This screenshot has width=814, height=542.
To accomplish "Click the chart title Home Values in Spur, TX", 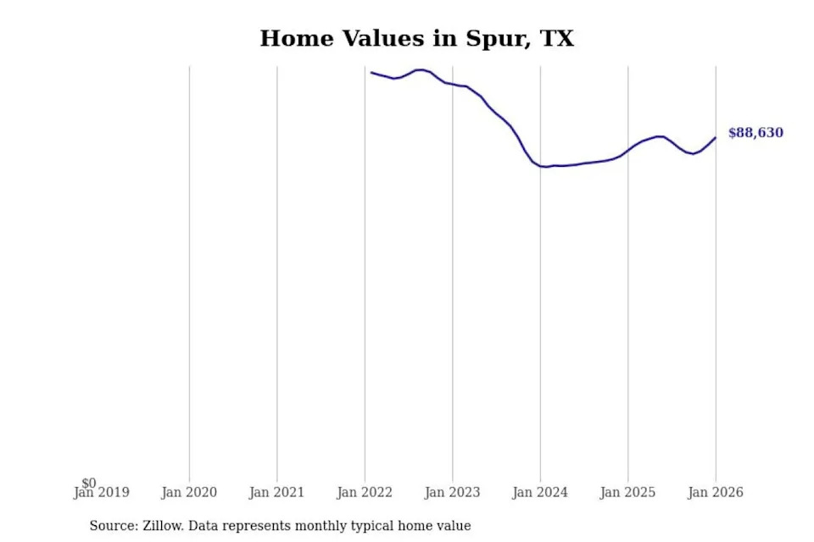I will (x=416, y=38).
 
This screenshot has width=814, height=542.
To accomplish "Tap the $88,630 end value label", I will (x=755, y=133).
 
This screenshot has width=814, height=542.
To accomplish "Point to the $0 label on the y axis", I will (x=89, y=483).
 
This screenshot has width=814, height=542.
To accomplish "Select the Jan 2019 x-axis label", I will (x=103, y=493).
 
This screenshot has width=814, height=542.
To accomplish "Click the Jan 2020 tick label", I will (x=189, y=493).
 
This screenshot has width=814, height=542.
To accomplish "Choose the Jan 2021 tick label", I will (x=277, y=493).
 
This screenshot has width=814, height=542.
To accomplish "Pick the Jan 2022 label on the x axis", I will (x=365, y=493).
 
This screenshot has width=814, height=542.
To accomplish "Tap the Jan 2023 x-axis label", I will (x=453, y=493).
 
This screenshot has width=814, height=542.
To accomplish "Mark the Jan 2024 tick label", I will (x=540, y=493).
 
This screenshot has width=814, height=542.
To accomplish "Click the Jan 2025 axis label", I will (x=627, y=493).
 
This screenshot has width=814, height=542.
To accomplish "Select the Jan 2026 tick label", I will (x=715, y=493).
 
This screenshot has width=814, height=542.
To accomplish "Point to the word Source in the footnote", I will (x=112, y=526).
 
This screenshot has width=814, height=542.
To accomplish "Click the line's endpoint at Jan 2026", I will (x=716, y=137).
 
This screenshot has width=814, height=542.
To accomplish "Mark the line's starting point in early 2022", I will (x=371, y=72).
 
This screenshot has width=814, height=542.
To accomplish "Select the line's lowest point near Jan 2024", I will (x=545, y=167).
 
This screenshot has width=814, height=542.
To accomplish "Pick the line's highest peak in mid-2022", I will (x=420, y=69).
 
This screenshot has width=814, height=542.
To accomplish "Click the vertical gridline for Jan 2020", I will (x=189, y=271).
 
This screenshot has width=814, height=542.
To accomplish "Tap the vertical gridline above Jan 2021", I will (x=277, y=271).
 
